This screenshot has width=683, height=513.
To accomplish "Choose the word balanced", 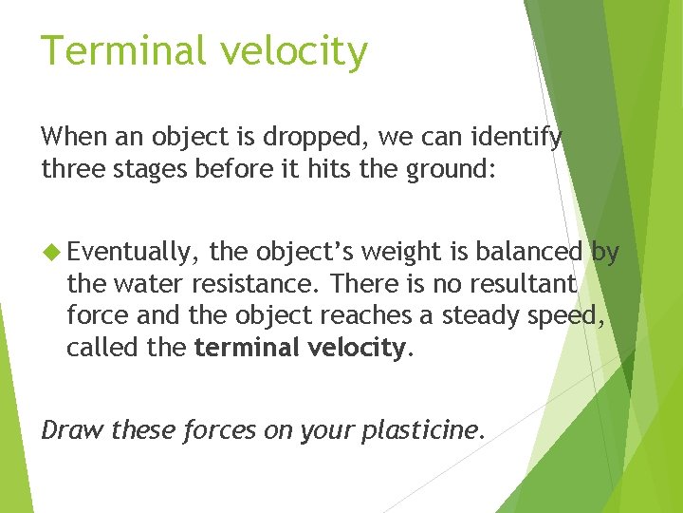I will pyautogui.click(x=529, y=252).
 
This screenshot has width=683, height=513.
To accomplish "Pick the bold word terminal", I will pyautogui.click(x=247, y=347).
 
